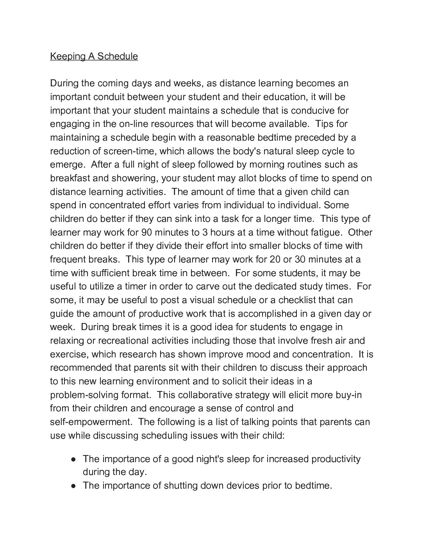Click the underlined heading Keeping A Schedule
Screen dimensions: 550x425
(x=94, y=56)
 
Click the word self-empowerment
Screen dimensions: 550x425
(x=91, y=422)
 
